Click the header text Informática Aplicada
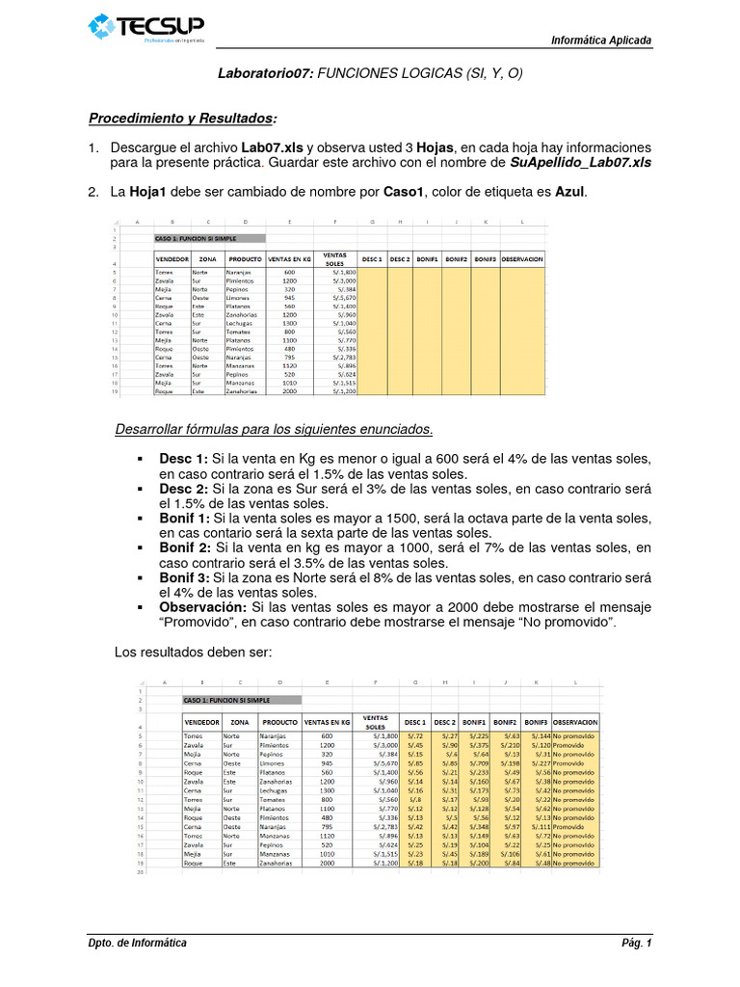600,40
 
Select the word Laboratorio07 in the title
265,73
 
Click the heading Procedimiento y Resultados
182,119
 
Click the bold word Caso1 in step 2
404,192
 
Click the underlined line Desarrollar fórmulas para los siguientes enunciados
274,428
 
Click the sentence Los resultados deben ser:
194,653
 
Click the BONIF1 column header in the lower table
474,722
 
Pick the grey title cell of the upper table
209,238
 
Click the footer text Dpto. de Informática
138,943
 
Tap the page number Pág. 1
636,943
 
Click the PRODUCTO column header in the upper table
244,259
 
